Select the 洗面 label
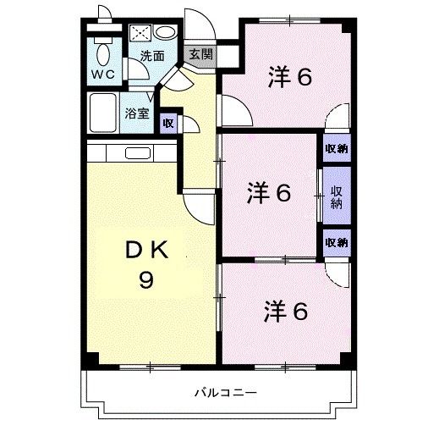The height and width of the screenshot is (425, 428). pos(152,58)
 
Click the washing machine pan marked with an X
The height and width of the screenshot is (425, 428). pos(140,34)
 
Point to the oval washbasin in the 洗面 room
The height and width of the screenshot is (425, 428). pos(165,32)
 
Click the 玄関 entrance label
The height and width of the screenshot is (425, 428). pos(200,54)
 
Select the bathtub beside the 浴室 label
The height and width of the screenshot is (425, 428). pos(104,111)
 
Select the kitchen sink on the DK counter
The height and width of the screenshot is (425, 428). pos(135,153)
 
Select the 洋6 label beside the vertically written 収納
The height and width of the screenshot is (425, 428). pos(269,194)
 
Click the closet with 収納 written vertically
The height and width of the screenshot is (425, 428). pos(336,196)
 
